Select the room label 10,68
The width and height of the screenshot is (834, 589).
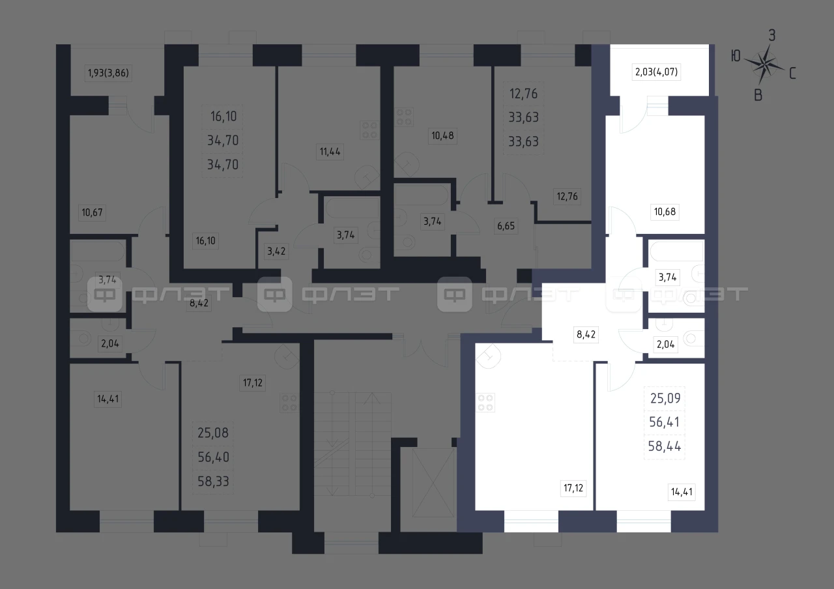(x=665, y=212)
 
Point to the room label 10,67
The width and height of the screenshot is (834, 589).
(x=92, y=212)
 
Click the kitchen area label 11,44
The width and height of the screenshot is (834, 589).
(x=330, y=152)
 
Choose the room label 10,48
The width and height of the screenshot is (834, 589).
(x=442, y=136)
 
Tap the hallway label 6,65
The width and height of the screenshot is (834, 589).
(x=506, y=225)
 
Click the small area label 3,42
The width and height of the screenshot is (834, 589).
(x=276, y=251)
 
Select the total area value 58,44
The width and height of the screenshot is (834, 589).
(x=665, y=446)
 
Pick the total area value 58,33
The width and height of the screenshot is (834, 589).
(x=213, y=481)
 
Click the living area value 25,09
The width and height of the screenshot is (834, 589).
(x=665, y=398)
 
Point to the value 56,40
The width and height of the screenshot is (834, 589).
(x=213, y=457)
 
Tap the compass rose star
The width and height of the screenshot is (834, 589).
(x=764, y=65)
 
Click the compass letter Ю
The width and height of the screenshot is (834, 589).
(x=736, y=56)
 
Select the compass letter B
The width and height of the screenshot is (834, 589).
(x=758, y=96)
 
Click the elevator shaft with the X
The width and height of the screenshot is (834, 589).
(x=433, y=483)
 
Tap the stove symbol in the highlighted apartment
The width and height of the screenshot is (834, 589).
(x=485, y=403)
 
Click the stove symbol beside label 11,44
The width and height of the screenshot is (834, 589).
(x=369, y=130)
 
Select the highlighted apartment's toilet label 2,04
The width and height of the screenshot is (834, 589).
(x=666, y=345)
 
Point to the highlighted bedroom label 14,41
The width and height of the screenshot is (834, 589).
(x=682, y=492)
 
